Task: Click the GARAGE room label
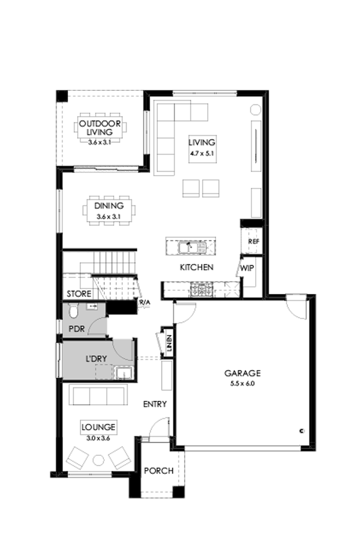tap(243, 373)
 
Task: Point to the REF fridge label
tap(253, 241)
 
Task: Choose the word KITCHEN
tap(196, 267)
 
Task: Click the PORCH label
tap(158, 471)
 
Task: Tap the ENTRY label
tap(155, 404)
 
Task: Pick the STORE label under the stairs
tap(79, 294)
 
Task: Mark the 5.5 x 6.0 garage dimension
tap(243, 383)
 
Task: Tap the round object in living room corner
tap(255, 109)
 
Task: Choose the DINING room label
tap(109, 207)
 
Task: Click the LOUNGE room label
tap(98, 427)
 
